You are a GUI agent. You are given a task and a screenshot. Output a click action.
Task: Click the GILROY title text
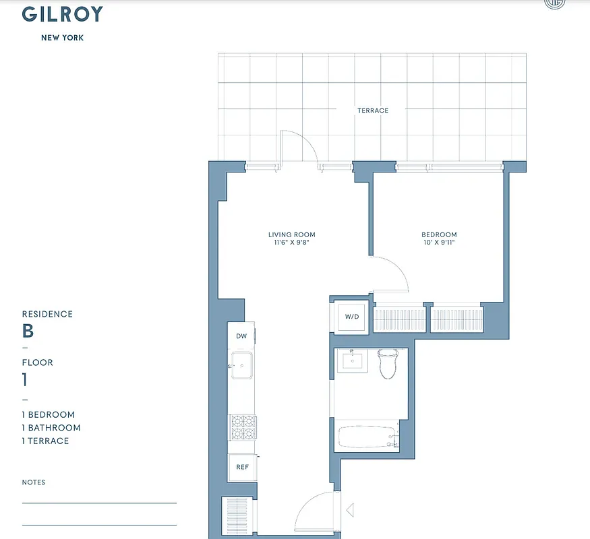[63, 14]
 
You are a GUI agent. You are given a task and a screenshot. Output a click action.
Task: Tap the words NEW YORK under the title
[63, 38]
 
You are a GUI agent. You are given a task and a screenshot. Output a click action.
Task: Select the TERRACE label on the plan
[373, 110]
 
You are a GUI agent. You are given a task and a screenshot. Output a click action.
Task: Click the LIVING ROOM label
[292, 235]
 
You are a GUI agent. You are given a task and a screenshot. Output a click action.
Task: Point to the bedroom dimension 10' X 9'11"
[439, 243]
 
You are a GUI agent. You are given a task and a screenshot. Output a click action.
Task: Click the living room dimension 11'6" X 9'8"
[292, 243]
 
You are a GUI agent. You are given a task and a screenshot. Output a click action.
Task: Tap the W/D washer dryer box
[352, 316]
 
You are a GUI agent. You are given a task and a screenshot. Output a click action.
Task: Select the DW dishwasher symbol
[241, 336]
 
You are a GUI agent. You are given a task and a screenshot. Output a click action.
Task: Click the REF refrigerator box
[241, 467]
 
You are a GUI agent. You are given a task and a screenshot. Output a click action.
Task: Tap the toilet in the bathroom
[386, 364]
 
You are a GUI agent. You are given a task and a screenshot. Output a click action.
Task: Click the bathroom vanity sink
[353, 360]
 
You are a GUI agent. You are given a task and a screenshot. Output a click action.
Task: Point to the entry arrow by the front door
[349, 510]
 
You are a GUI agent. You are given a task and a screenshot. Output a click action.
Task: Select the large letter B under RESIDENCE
[28, 331]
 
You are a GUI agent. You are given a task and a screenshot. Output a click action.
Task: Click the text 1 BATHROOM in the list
[51, 428]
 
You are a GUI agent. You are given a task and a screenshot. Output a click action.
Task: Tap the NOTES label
[34, 482]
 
